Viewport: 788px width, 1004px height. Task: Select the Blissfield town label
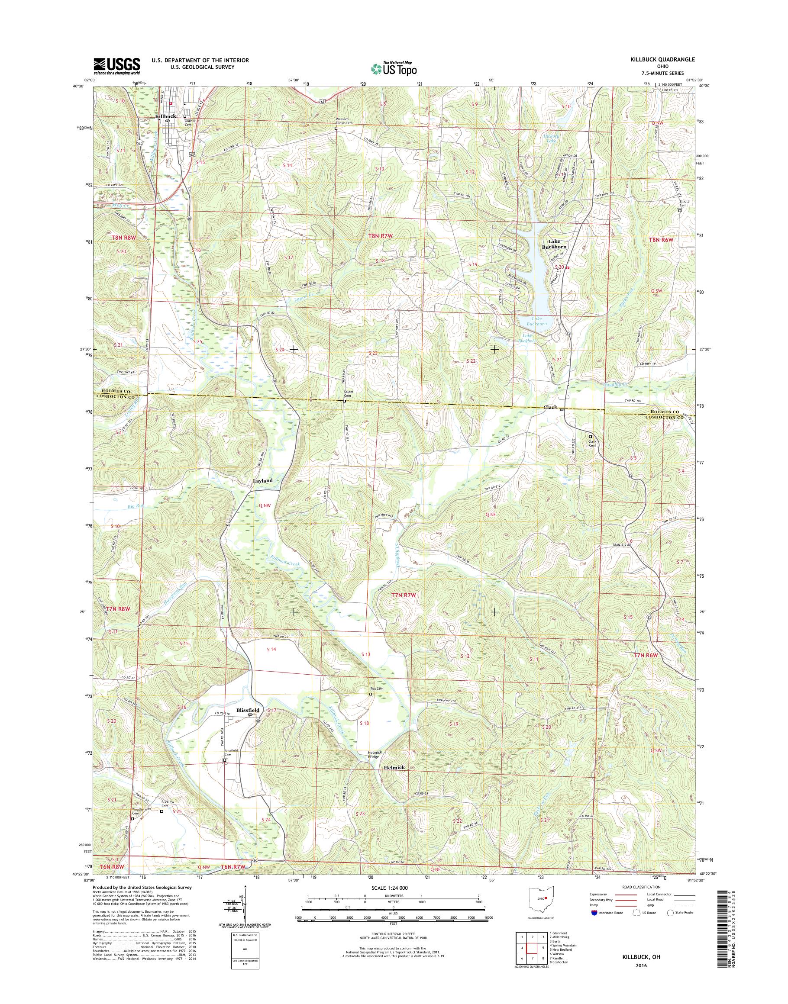point(249,723)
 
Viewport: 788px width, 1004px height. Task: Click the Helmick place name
point(394,767)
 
